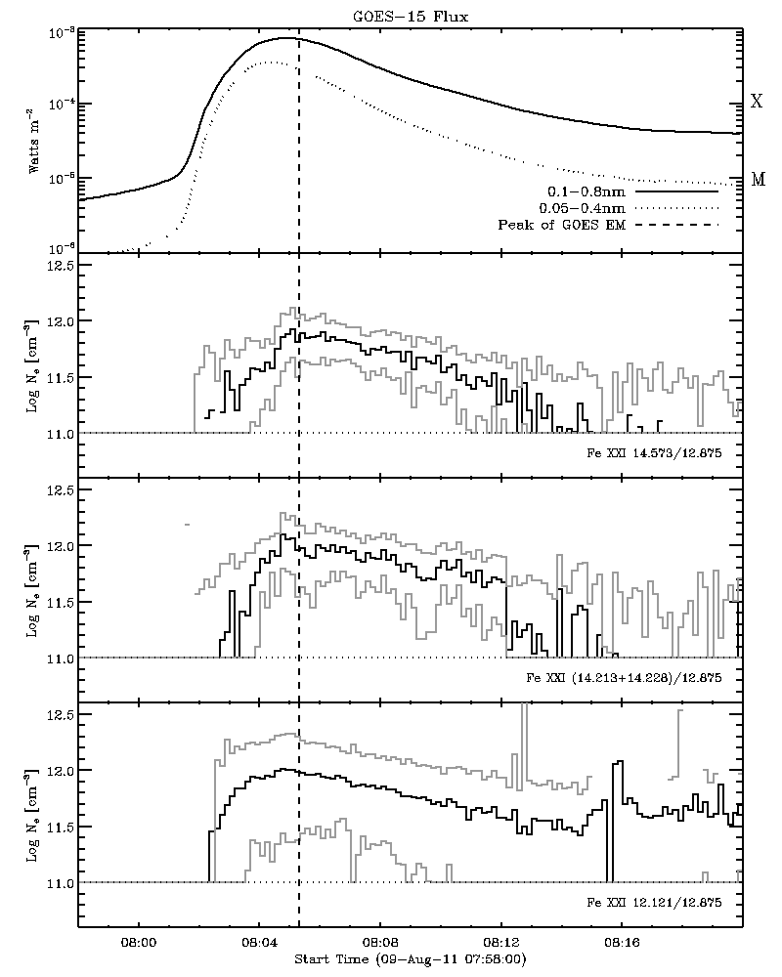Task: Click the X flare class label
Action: [x=756, y=103]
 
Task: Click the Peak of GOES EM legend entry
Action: [x=561, y=226]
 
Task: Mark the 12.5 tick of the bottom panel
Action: [x=61, y=715]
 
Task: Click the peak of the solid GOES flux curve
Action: [x=285, y=38]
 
